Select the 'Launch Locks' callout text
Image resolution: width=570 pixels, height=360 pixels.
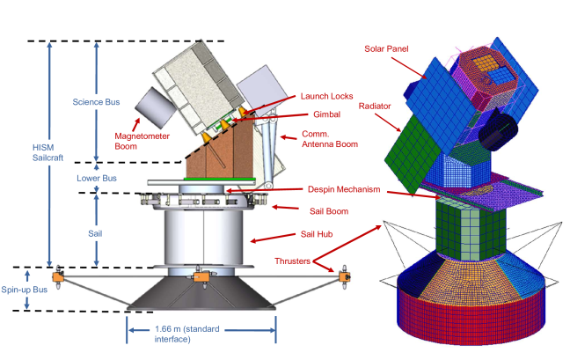pos(325,97)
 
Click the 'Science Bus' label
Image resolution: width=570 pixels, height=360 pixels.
pos(92,101)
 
